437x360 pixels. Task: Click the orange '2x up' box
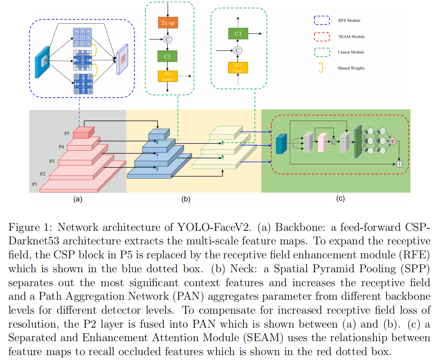pos(168,23)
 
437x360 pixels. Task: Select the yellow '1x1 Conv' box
pos(168,76)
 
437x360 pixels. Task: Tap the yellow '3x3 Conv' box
pos(238,68)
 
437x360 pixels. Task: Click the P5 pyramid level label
pos(67,133)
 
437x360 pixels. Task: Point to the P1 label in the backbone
pos(34,184)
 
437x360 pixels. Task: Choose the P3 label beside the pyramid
pos(52,161)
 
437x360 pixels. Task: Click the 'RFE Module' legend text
pos(349,21)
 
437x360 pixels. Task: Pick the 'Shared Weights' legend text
pos(351,68)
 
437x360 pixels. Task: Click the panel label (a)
pos(78,199)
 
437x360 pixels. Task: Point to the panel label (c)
pos(340,198)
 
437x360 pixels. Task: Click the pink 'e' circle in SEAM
pos(393,141)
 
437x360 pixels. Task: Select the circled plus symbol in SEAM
pos(399,164)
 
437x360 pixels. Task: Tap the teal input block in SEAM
pos(281,144)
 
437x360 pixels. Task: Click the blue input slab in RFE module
pos(42,62)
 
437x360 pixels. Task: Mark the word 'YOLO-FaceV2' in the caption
pos(214,227)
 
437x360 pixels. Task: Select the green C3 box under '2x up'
pos(167,56)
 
